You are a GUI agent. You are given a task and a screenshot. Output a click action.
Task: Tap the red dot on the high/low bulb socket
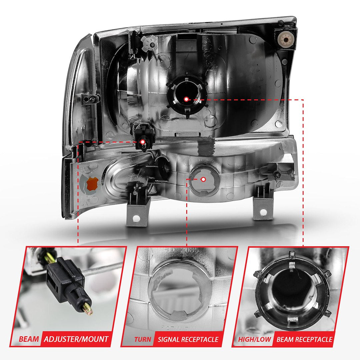[186, 99]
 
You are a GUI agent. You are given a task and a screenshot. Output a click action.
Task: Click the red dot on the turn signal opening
[203, 179]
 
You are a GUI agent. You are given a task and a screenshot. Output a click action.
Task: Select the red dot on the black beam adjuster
[143, 142]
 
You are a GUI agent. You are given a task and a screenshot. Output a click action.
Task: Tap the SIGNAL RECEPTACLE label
[188, 340]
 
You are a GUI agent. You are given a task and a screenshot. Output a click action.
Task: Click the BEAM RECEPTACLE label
[304, 340]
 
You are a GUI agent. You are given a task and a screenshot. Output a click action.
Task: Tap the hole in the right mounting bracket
[263, 212]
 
